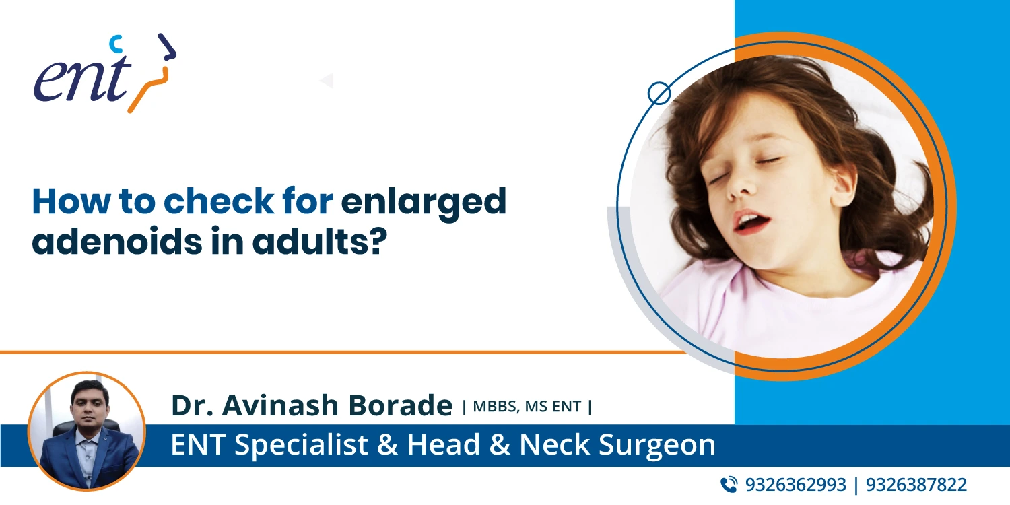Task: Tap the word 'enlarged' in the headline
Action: click(x=424, y=201)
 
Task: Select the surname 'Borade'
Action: click(x=402, y=405)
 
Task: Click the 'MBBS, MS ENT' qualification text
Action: click(x=527, y=406)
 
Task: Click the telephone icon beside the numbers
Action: click(x=729, y=484)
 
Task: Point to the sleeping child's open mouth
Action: click(x=749, y=221)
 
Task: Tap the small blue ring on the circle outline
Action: click(x=659, y=93)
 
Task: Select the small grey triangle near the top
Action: click(x=327, y=81)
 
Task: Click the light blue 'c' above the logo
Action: click(x=116, y=44)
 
